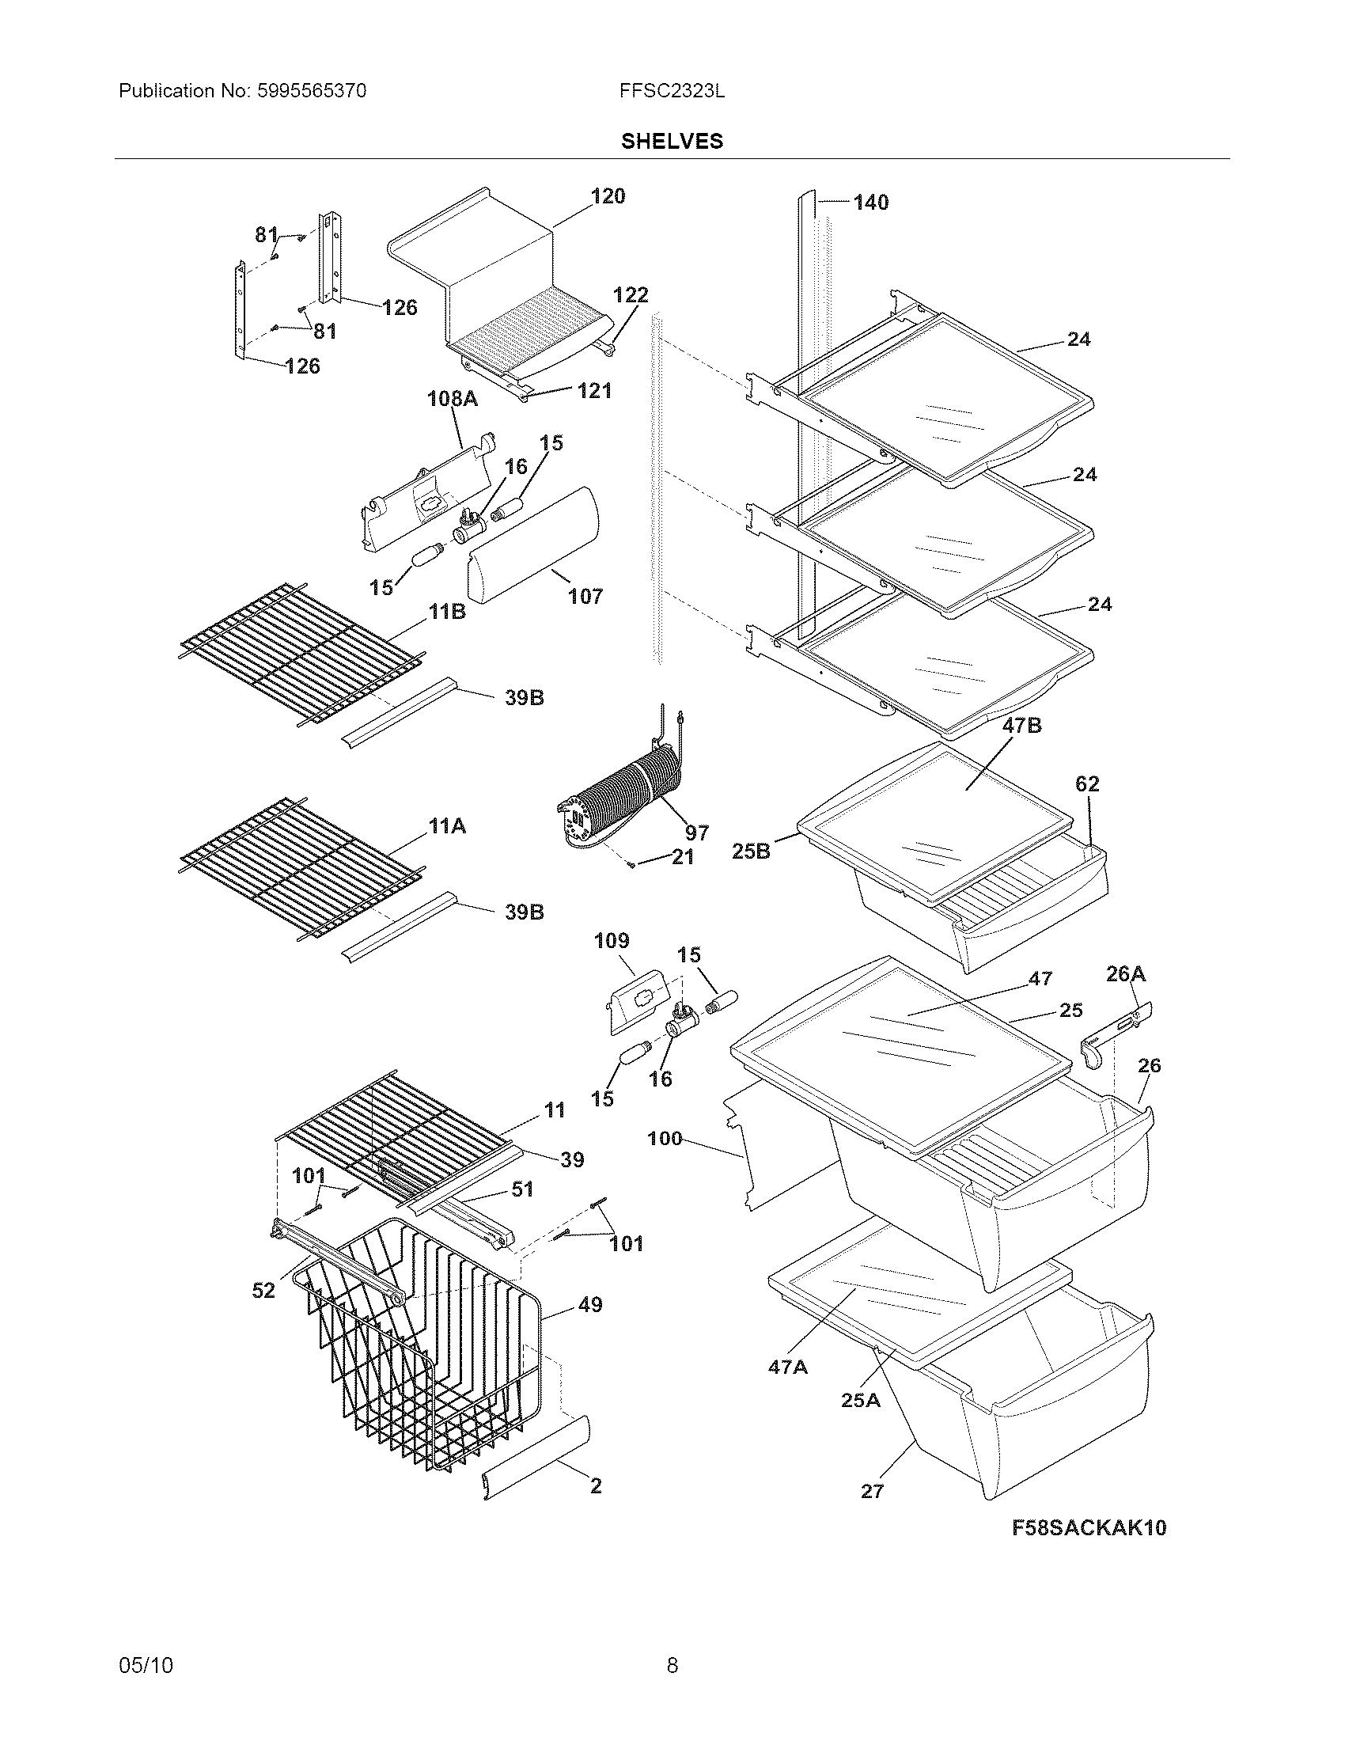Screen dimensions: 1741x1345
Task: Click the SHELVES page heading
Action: click(x=672, y=141)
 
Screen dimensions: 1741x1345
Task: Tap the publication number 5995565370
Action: click(x=311, y=91)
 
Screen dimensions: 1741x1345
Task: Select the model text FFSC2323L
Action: click(x=672, y=91)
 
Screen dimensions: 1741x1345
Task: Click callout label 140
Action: click(x=870, y=203)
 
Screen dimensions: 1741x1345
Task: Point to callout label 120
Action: click(x=608, y=196)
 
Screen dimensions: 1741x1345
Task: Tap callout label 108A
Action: click(x=453, y=398)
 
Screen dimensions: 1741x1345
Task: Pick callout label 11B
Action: click(x=447, y=613)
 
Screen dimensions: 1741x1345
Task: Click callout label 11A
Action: click(x=447, y=827)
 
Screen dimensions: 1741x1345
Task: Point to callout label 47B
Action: click(x=1021, y=726)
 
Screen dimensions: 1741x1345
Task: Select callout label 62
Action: click(x=1087, y=783)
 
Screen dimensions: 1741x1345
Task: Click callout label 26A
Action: click(x=1125, y=973)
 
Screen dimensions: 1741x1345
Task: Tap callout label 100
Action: click(x=665, y=1137)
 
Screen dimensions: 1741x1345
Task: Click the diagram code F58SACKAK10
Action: click(x=1089, y=1527)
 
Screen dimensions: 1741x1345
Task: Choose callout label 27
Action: click(x=872, y=1491)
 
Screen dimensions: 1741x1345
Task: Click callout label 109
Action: click(x=611, y=941)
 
